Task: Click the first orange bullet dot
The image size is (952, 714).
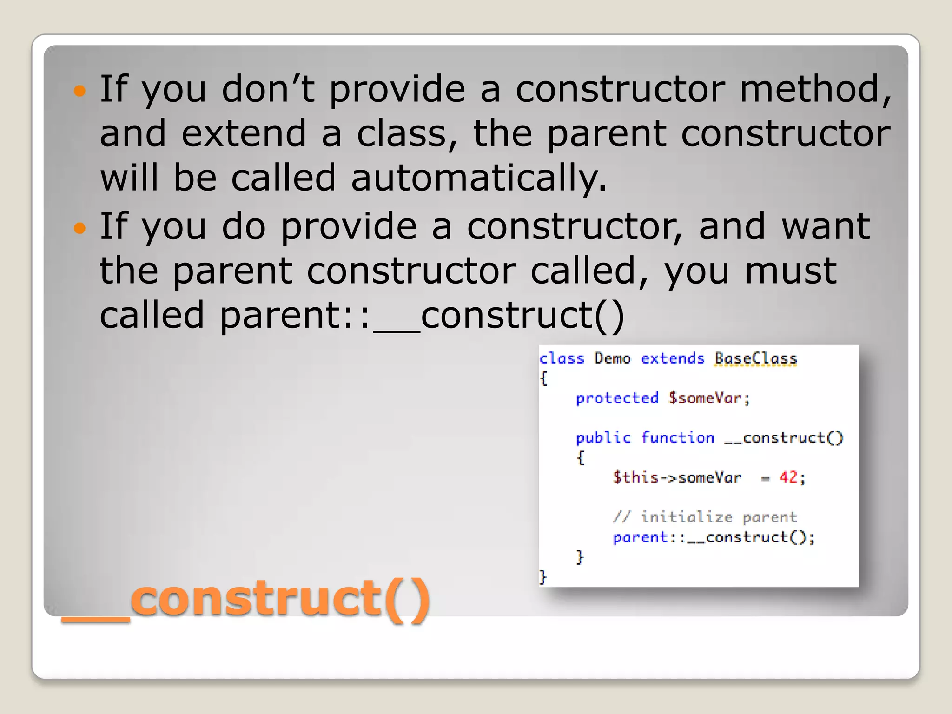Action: pyautogui.click(x=80, y=91)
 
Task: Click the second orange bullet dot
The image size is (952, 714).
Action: pyautogui.click(x=80, y=228)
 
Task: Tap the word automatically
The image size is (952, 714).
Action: pyautogui.click(x=478, y=178)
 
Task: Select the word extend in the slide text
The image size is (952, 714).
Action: pyautogui.click(x=244, y=133)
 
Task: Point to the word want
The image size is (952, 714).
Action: pyautogui.click(x=826, y=226)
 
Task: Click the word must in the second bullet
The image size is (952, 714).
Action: pyautogui.click(x=791, y=271)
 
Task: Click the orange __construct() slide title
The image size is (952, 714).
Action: pyautogui.click(x=246, y=599)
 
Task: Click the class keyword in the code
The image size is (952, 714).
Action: pyautogui.click(x=562, y=358)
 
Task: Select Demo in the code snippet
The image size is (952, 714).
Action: pyautogui.click(x=612, y=358)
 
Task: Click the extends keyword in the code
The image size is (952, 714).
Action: pyautogui.click(x=673, y=358)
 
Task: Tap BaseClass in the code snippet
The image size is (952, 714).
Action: pyautogui.click(x=755, y=358)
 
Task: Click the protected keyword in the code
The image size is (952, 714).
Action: pyautogui.click(x=617, y=398)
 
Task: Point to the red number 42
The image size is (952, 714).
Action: pyautogui.click(x=788, y=477)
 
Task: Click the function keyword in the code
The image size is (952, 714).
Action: pyautogui.click(x=677, y=438)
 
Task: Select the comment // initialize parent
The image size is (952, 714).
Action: pyautogui.click(x=705, y=517)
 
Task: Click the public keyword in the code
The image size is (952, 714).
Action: pyautogui.click(x=603, y=438)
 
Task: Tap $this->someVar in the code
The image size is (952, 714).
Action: pyautogui.click(x=677, y=477)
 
